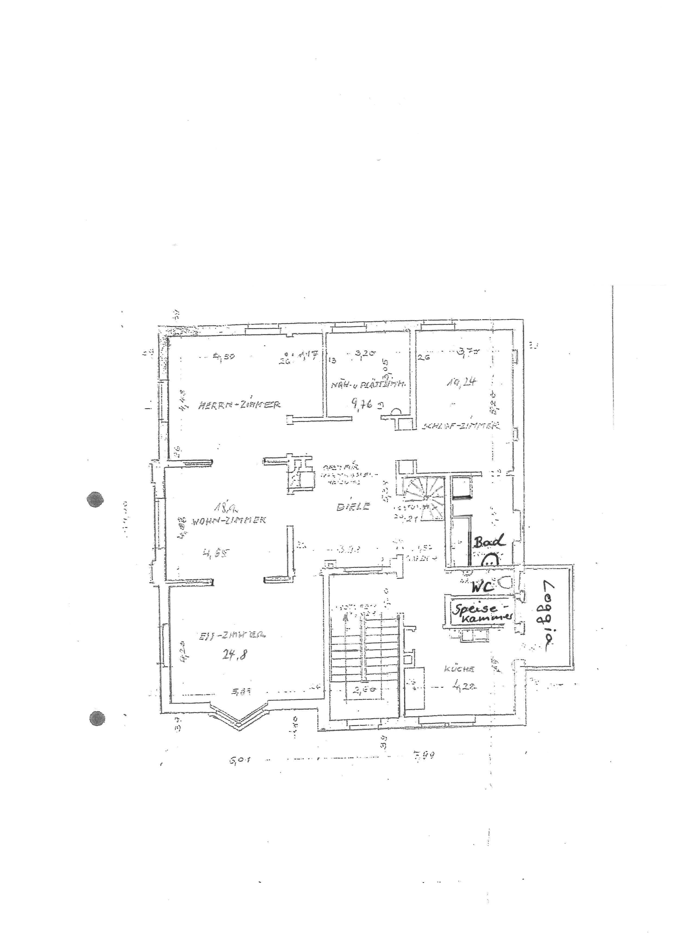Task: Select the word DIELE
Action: tap(353, 506)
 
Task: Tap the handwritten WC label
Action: tap(482, 586)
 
